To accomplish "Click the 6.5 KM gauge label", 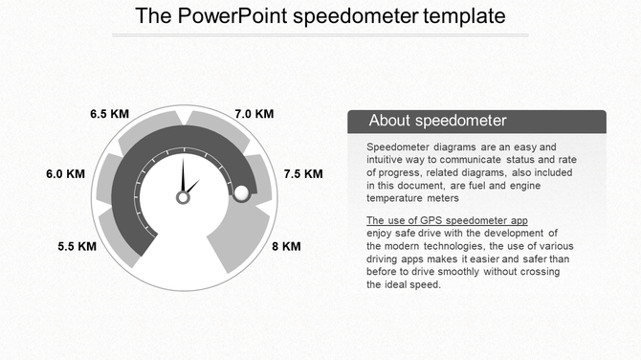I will (109, 114).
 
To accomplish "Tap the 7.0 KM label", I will (254, 114).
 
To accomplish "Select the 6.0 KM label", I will (66, 174).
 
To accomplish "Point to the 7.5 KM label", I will (303, 174).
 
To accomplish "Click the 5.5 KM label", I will (77, 246).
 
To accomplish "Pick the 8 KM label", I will (286, 246).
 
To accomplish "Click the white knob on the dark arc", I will (241, 193).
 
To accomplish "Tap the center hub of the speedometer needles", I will (183, 197).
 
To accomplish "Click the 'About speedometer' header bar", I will (475, 122).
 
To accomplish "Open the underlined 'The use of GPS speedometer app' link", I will (447, 221).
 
